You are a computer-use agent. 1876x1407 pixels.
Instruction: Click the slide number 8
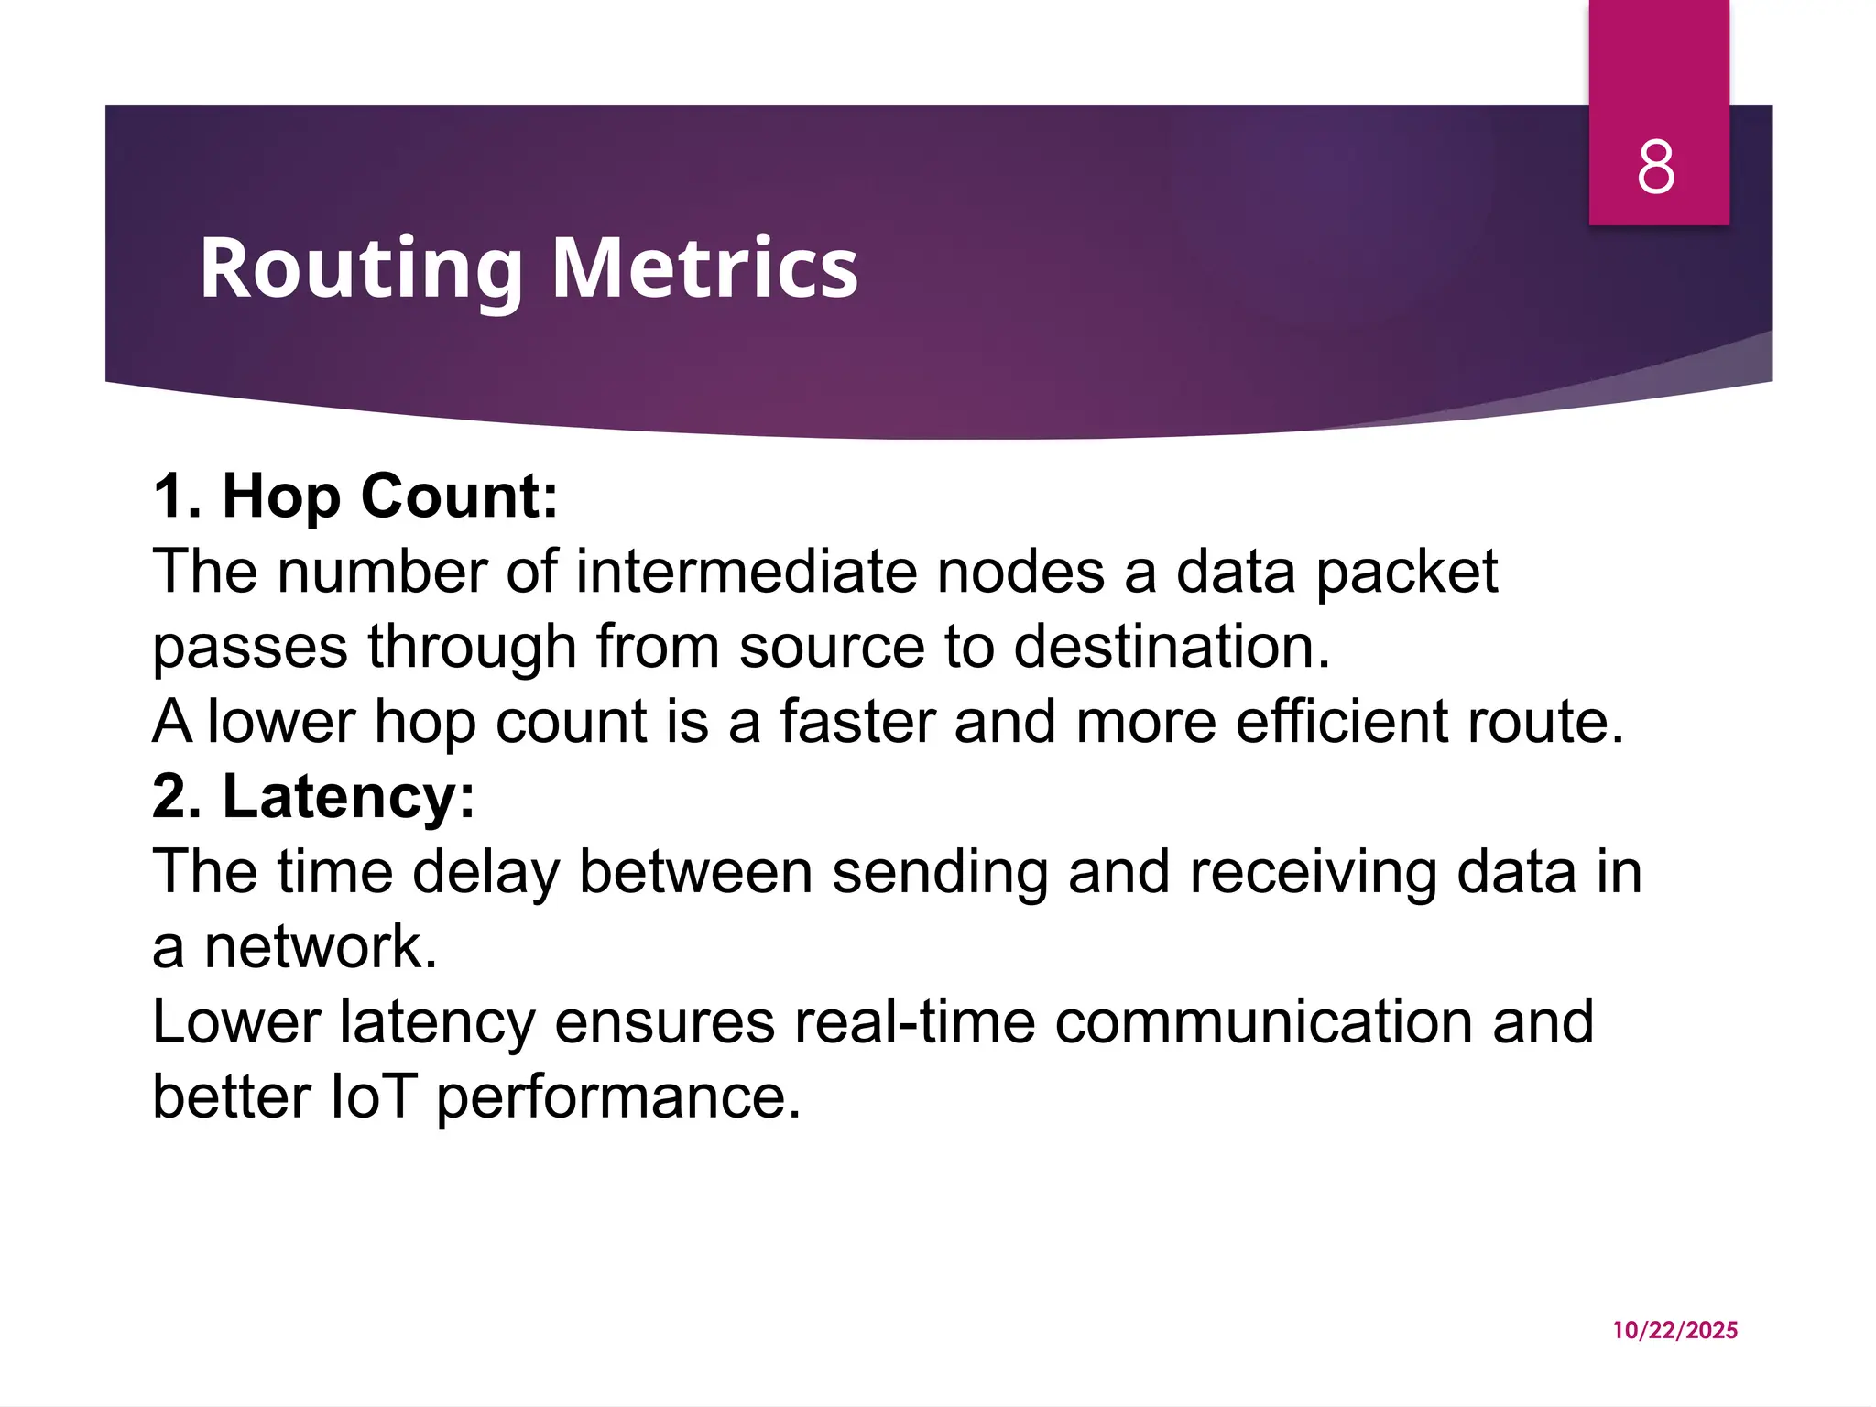tap(1656, 168)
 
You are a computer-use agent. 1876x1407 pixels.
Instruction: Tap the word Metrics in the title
tap(705, 268)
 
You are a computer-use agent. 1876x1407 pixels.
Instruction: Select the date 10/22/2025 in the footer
tap(1675, 1330)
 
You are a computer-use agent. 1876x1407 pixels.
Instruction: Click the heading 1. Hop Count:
tap(355, 496)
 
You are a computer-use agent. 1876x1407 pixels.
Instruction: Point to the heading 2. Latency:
tap(314, 796)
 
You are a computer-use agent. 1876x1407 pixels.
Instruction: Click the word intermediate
tap(747, 573)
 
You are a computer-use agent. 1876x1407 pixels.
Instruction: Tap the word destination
tap(1172, 647)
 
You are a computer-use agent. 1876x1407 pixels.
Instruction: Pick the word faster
tap(857, 722)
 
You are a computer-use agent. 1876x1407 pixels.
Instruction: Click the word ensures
tap(665, 1022)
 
